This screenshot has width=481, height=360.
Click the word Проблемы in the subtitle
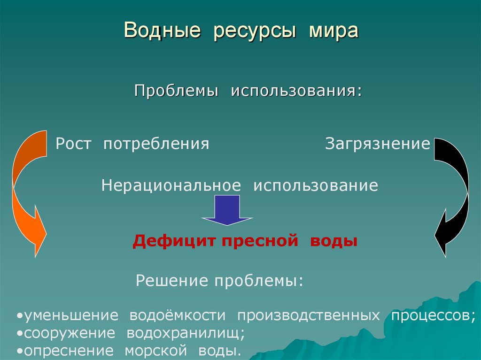[x=177, y=91]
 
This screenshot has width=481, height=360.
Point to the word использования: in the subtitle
[x=296, y=91]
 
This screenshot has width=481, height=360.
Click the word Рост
[x=74, y=144]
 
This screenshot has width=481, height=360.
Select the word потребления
[x=156, y=144]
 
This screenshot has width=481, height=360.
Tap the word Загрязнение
[x=378, y=144]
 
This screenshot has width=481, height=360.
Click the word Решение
[x=172, y=281]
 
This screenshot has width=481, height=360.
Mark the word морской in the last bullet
[x=153, y=351]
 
